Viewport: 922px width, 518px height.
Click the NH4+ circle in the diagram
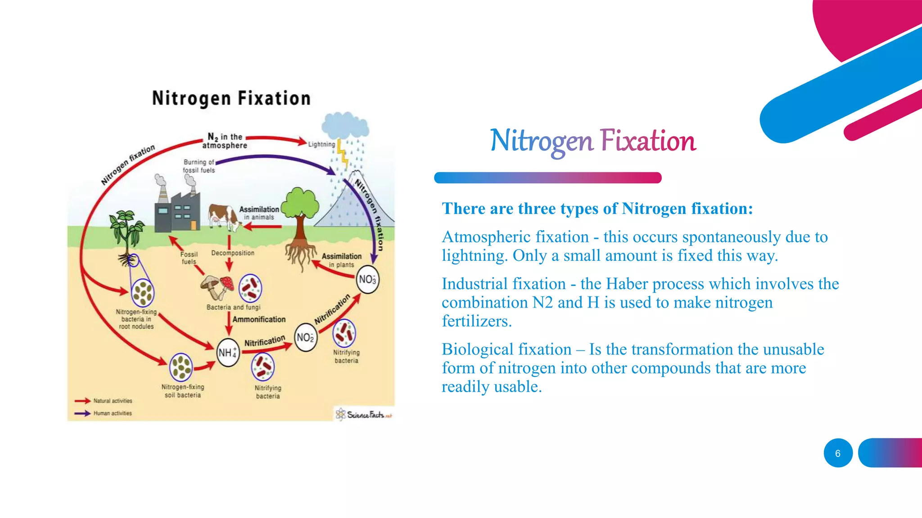(x=228, y=353)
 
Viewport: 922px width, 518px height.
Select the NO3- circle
(x=367, y=280)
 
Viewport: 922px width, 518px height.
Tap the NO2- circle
(x=305, y=338)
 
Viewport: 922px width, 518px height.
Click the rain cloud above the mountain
(x=345, y=125)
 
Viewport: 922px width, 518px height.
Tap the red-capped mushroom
(x=226, y=284)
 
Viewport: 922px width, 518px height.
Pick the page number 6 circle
(x=838, y=453)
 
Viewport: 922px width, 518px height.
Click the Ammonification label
(x=259, y=319)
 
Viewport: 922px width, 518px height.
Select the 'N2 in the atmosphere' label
(x=225, y=141)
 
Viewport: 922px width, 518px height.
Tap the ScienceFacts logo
(x=364, y=414)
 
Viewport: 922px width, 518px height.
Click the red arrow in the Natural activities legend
(x=82, y=401)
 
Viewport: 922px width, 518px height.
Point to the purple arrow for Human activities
(x=82, y=413)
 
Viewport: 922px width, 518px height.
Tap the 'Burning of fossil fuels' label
(x=199, y=166)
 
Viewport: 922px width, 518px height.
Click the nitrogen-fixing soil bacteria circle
(x=181, y=366)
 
